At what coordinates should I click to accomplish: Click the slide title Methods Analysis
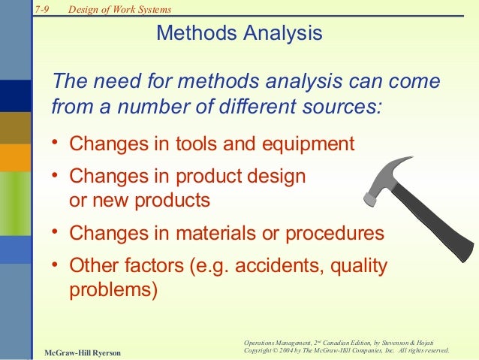(239, 34)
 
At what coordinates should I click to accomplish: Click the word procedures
(336, 233)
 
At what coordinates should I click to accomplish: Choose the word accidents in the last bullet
(282, 265)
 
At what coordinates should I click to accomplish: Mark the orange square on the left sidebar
(15, 157)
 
